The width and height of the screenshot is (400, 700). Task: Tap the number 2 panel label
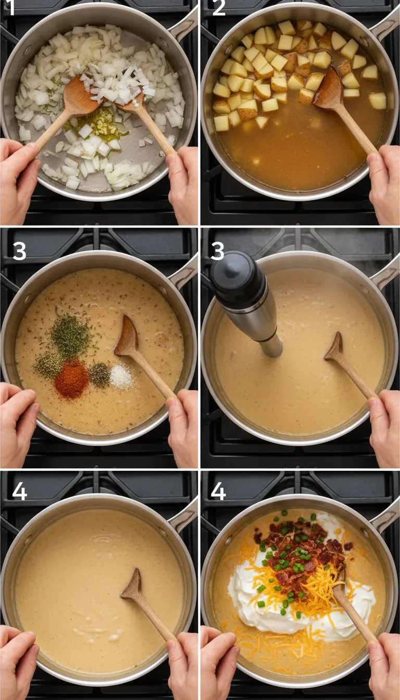[x=219, y=8]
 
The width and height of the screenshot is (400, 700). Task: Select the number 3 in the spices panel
[x=19, y=252]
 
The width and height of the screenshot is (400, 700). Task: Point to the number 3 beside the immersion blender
[x=217, y=252]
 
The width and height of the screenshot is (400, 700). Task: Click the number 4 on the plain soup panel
[x=19, y=491]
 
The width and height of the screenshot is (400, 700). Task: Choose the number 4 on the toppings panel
[x=218, y=491]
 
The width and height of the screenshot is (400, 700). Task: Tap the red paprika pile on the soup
[x=72, y=379]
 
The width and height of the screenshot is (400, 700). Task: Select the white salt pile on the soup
[x=121, y=376]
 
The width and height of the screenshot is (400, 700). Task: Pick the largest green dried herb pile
[x=71, y=337]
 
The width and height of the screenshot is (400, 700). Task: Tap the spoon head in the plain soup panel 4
[x=133, y=586]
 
